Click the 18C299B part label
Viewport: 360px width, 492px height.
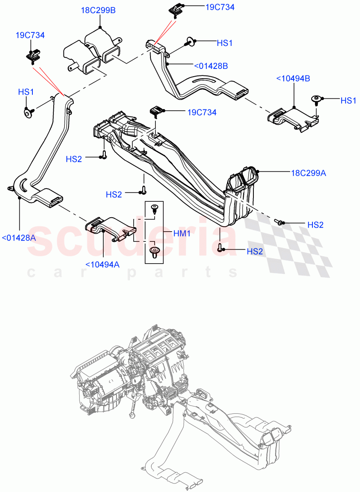(x=98, y=10)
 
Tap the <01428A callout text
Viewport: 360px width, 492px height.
(x=19, y=237)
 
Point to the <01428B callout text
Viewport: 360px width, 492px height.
(x=211, y=65)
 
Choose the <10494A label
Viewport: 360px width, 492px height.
(x=103, y=264)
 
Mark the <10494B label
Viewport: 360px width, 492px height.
(x=293, y=78)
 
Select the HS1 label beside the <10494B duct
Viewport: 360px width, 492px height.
(x=349, y=100)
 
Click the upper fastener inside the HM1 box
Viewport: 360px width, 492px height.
(x=155, y=208)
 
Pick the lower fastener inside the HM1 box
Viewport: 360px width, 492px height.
(x=155, y=251)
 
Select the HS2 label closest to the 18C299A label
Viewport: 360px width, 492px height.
(x=315, y=225)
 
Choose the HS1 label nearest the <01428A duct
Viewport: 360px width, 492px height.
(x=26, y=92)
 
